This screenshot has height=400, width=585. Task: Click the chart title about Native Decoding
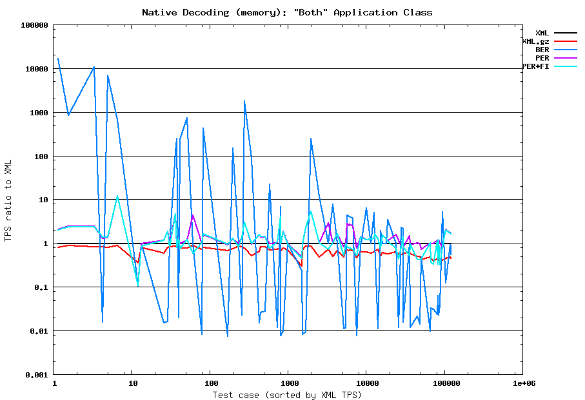[287, 12]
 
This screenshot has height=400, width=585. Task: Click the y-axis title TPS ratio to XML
[8, 201]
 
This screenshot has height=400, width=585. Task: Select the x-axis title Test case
[287, 395]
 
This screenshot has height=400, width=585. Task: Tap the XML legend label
[542, 33]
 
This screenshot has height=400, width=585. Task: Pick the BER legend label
[542, 50]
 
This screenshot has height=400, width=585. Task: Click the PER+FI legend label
[535, 66]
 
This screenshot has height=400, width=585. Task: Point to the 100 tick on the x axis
[210, 383]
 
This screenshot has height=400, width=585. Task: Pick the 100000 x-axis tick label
[444, 383]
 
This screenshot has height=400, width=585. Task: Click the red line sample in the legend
[566, 41]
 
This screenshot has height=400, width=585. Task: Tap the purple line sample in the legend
[566, 58]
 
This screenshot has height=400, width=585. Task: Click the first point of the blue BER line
[57, 58]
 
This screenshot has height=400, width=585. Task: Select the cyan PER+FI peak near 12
[117, 196]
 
